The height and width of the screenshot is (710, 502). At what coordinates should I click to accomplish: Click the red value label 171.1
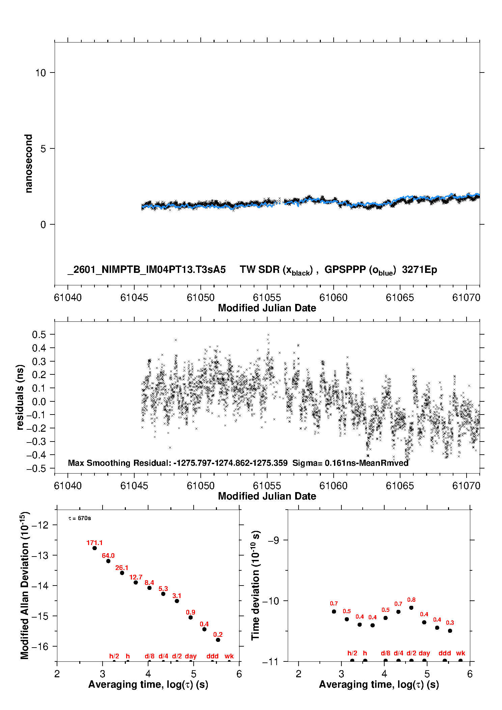click(x=94, y=543)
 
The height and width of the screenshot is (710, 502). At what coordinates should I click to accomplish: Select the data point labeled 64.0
click(x=108, y=561)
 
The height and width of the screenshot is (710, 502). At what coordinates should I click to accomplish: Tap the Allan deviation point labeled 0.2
click(x=218, y=640)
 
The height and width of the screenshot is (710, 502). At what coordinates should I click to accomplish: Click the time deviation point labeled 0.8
click(x=411, y=607)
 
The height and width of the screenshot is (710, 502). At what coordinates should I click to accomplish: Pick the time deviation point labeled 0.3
click(x=450, y=631)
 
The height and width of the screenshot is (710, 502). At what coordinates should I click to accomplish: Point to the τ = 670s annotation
click(x=80, y=518)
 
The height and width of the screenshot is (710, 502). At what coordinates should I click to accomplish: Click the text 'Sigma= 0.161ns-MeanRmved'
click(x=350, y=463)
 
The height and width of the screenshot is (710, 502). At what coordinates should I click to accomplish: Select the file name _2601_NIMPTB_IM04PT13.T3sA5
click(x=147, y=269)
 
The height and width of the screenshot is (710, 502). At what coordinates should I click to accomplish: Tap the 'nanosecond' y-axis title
click(x=29, y=164)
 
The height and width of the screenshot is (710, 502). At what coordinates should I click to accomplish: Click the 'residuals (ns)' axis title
click(x=20, y=397)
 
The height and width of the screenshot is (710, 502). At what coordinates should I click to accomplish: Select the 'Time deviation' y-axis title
click(x=256, y=585)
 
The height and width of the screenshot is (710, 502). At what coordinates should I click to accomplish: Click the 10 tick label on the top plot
click(x=40, y=73)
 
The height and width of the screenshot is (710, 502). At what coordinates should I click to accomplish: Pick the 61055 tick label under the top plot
click(x=267, y=297)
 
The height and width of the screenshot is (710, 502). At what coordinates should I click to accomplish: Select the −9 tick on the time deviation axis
click(x=273, y=540)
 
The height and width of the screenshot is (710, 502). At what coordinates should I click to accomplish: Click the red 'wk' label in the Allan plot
click(x=229, y=656)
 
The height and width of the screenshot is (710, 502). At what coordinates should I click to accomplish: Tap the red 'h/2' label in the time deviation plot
click(x=352, y=653)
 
